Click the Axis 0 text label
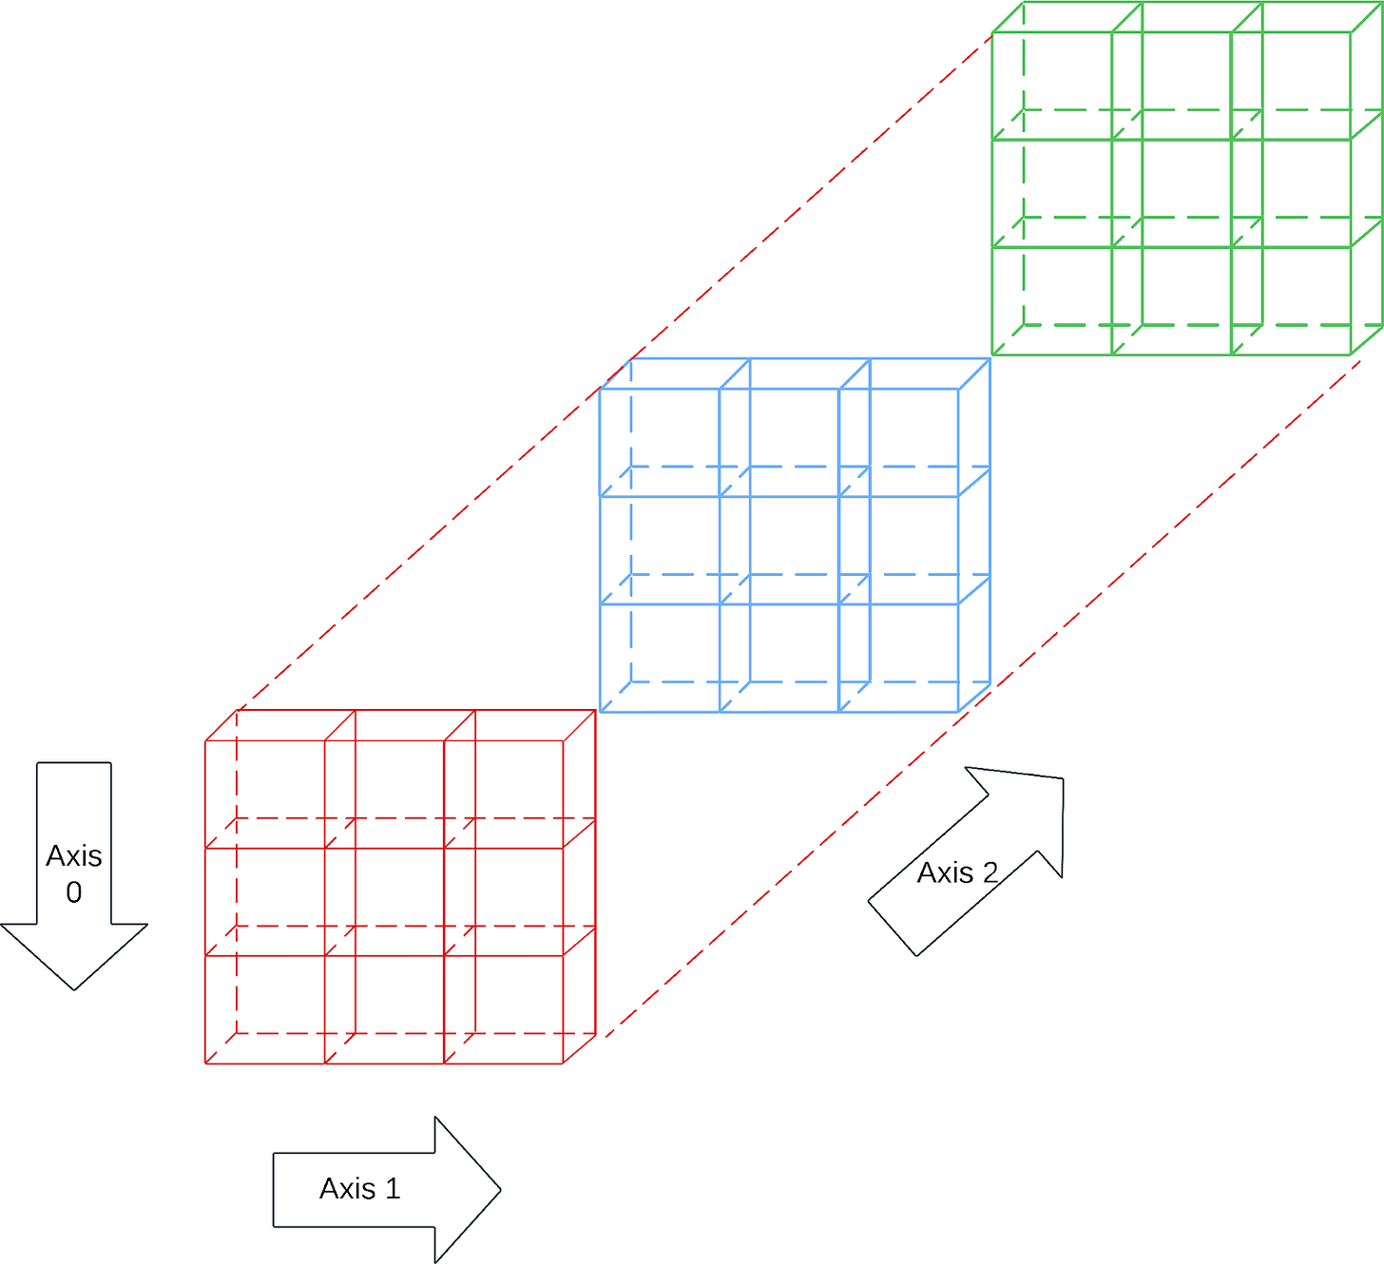[74, 872]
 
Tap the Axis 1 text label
[360, 1189]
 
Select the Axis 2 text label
[957, 872]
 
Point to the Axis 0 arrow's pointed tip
[74, 988]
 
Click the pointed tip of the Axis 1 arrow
[500, 1189]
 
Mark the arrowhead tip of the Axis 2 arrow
[1062, 779]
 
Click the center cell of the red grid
[384, 901]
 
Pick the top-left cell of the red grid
[265, 794]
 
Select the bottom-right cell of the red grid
[504, 1008]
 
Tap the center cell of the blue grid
[778, 549]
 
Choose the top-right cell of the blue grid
[898, 442]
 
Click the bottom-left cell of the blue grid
[659, 657]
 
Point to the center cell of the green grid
[1171, 193]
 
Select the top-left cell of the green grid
[1052, 86]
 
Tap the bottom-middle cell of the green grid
[1171, 300]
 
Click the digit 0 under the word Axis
[74, 892]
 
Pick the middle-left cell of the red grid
[265, 901]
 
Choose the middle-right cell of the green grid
[1291, 193]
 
